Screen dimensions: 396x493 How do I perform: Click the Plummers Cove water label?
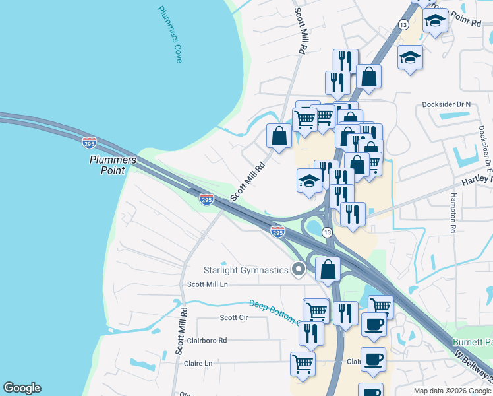point(170,34)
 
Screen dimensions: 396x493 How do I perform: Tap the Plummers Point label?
point(113,165)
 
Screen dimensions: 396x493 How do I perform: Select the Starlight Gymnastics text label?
point(245,270)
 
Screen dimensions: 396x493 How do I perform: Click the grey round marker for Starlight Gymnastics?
point(299,269)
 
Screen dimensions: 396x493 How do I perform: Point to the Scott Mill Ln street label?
point(207,284)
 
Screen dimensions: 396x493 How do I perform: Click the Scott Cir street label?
point(233,317)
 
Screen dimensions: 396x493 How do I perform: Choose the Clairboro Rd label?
point(206,341)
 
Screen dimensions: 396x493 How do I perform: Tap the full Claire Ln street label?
point(199,363)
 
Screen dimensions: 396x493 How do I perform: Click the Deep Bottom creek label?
point(274,312)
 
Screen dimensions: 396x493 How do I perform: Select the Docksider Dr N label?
point(446,104)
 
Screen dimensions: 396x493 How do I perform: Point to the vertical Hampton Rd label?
point(453,213)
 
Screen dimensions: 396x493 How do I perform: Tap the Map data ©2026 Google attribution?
point(452,391)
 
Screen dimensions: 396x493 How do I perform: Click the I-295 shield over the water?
point(89,143)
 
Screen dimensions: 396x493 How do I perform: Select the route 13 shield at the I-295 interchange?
point(327,233)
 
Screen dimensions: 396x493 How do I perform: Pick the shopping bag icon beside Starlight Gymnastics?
point(328,269)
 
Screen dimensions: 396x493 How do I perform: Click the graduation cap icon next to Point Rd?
point(435,22)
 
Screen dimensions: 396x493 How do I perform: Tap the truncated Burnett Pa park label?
point(472,341)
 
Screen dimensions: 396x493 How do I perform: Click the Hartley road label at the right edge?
point(478,180)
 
